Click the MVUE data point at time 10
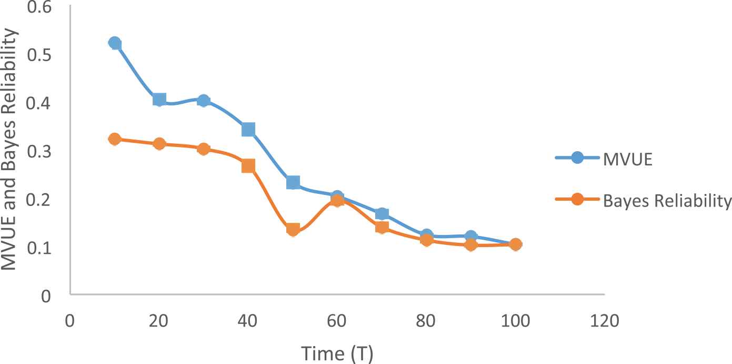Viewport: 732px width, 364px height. tap(115, 43)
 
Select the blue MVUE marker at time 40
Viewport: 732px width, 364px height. tap(248, 130)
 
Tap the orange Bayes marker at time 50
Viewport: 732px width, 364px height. tap(293, 229)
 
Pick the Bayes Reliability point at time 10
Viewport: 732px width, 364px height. tap(115, 139)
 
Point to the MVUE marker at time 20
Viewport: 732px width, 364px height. tap(159, 100)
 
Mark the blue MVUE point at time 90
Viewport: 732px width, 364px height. tap(471, 237)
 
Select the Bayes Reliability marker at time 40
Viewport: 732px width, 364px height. tap(248, 166)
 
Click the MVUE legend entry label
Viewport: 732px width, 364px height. tap(628, 160)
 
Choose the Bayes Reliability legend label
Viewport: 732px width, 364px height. tap(667, 201)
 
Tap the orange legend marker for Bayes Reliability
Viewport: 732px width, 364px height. tap(577, 200)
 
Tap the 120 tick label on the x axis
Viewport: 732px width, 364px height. tap(605, 320)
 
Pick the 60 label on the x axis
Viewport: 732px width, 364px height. tap(337, 320)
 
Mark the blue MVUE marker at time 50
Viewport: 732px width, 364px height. tap(293, 183)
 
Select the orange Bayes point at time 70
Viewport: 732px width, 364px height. tap(382, 228)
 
